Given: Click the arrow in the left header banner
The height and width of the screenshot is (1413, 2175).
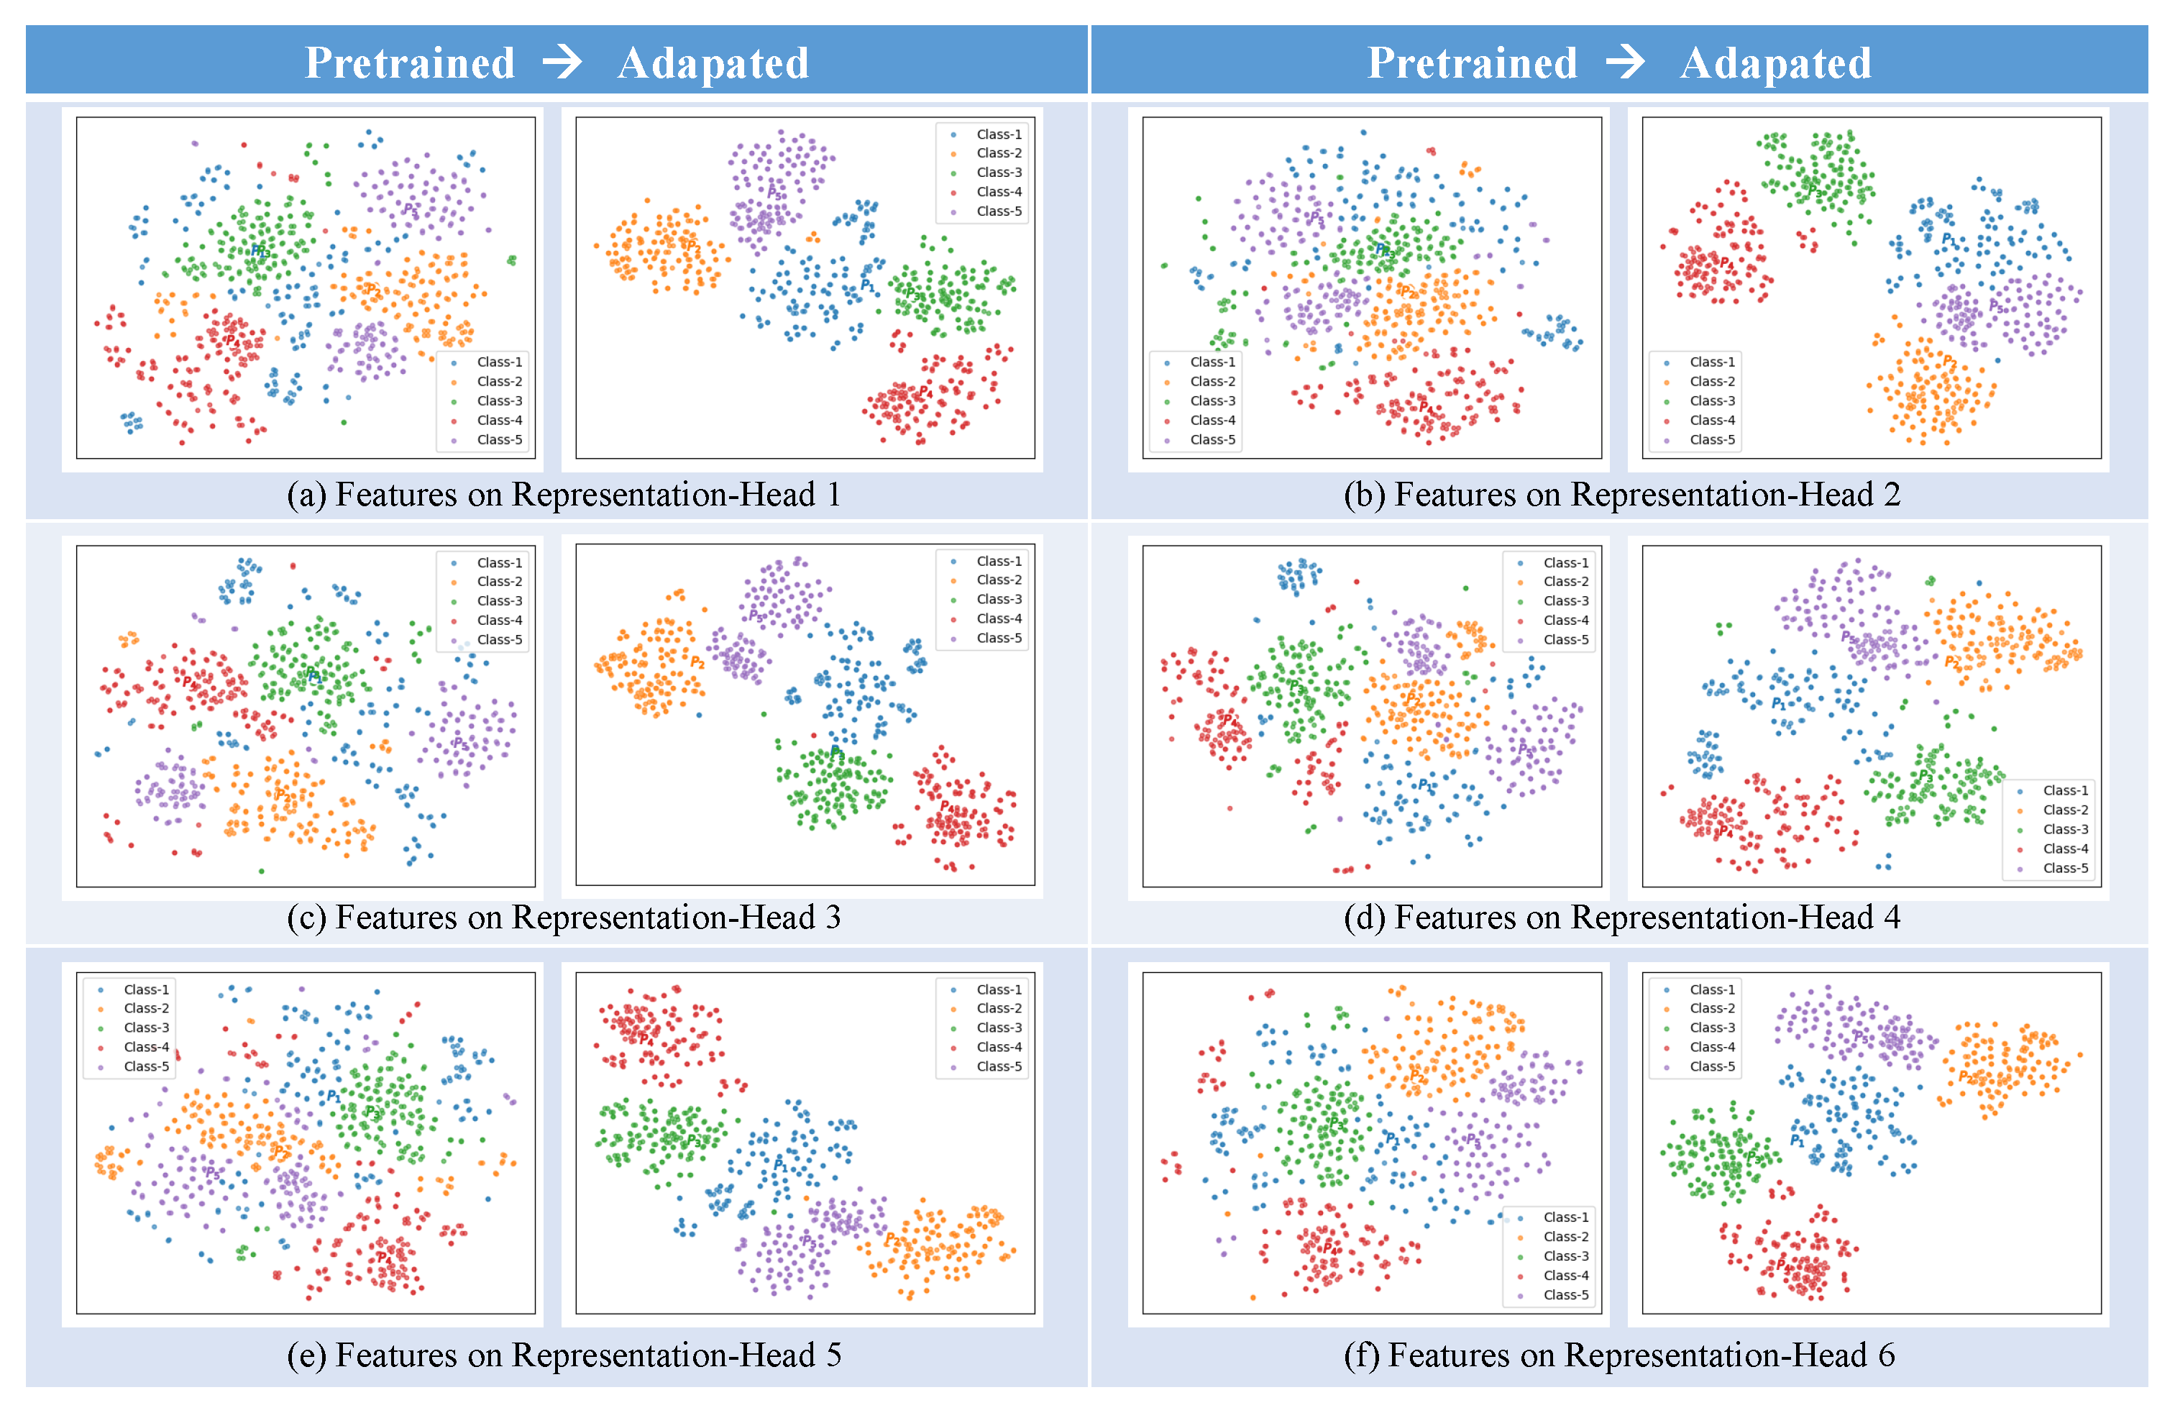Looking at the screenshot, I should [562, 62].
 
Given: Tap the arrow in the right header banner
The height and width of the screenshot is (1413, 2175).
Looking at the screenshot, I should [1626, 62].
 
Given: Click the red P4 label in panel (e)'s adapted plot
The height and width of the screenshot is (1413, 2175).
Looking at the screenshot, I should [646, 1038].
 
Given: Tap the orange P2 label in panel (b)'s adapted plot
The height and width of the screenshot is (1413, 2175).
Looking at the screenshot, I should [1949, 361].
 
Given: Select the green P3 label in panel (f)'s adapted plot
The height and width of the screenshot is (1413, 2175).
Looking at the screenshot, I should [1753, 1158].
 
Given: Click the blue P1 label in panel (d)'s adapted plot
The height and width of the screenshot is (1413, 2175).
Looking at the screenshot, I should [1778, 704].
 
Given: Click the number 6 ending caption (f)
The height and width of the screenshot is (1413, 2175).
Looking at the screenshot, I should [1886, 1355].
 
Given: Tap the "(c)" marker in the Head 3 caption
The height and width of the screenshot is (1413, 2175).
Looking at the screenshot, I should [306, 917].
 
